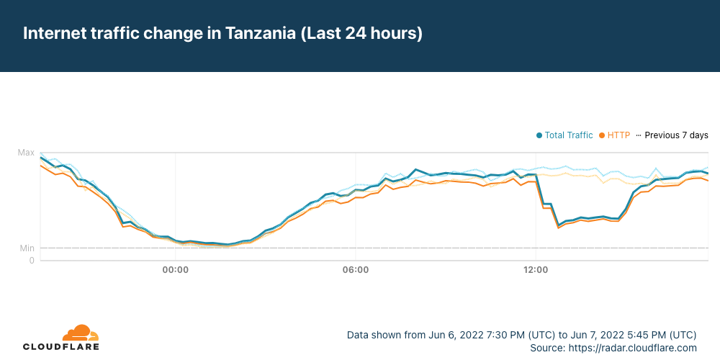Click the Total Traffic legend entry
[x=568, y=135]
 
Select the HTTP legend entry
[x=618, y=135]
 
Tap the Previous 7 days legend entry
[x=676, y=135]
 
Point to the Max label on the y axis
[x=26, y=153]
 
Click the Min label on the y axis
[x=27, y=248]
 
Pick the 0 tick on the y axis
[x=31, y=260]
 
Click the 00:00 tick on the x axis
[x=176, y=270]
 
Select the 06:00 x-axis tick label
[x=356, y=270]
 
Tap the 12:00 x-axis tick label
[x=536, y=270]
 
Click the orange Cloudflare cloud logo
[x=80, y=333]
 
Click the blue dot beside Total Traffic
[x=539, y=135]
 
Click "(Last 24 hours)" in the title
[x=361, y=34]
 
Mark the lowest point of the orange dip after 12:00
[x=558, y=228]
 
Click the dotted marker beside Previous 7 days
[x=639, y=135]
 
